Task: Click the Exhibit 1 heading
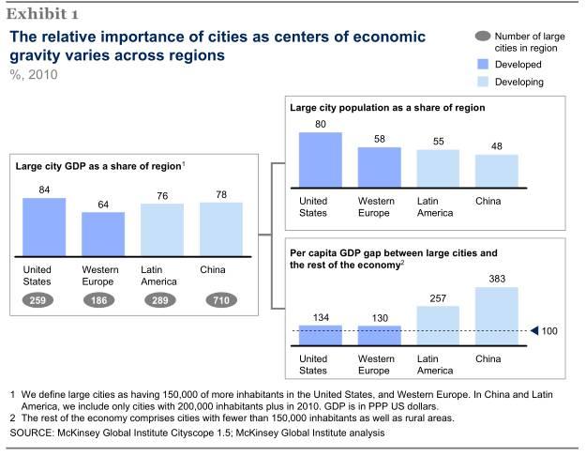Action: point(44,14)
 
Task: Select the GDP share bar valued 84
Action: point(43,227)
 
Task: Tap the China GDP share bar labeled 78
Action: point(221,229)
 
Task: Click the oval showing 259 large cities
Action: point(43,300)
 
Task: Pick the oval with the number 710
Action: point(221,300)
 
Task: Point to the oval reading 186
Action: point(102,300)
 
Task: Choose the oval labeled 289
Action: point(161,300)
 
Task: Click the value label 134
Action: point(320,317)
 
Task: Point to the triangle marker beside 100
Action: point(535,330)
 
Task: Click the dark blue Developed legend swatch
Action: point(481,65)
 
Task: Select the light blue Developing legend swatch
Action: point(481,83)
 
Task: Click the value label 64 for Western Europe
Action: point(102,204)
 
